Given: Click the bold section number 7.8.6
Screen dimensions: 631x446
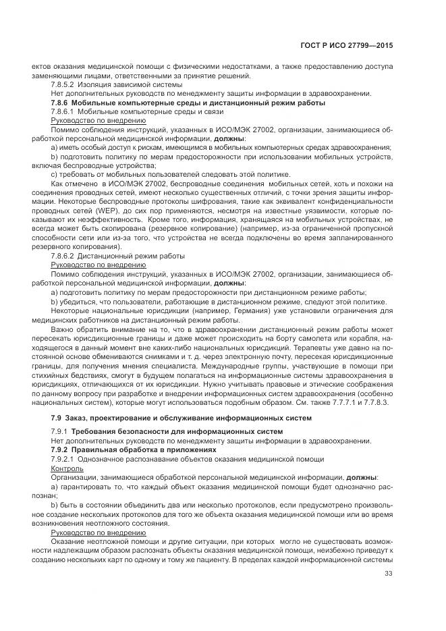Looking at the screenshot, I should click(x=63, y=103).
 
